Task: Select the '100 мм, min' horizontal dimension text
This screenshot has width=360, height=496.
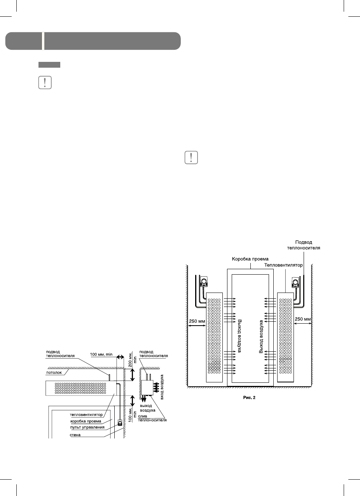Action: point(101,355)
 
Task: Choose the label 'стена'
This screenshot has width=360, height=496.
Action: point(75,435)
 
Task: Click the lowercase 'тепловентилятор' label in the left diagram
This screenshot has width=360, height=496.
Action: point(86,414)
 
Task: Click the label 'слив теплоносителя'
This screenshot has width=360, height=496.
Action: point(155,418)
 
